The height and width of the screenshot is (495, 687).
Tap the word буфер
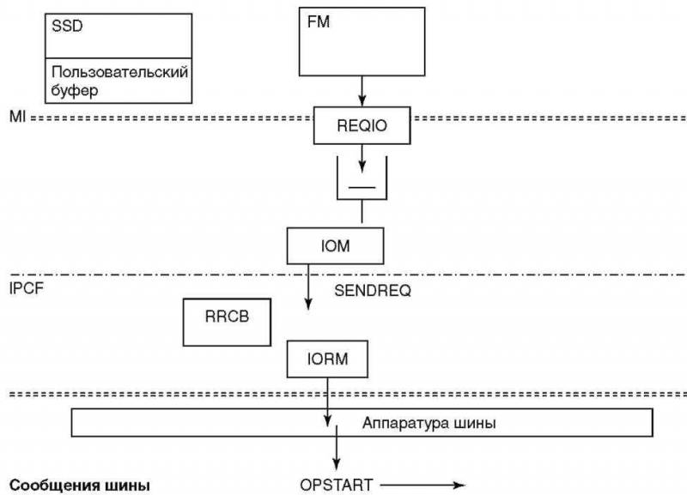click(x=75, y=89)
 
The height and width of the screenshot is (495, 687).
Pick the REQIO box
click(x=363, y=126)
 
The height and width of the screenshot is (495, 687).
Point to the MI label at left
click(x=16, y=116)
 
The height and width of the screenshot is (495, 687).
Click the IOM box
click(x=335, y=246)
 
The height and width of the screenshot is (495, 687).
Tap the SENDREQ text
click(x=372, y=291)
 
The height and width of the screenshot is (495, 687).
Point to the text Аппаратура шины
click(x=429, y=423)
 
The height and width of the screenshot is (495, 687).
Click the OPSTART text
click(x=337, y=485)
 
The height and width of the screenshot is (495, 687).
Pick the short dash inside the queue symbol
click(x=362, y=185)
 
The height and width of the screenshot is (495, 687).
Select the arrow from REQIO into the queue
click(x=362, y=157)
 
